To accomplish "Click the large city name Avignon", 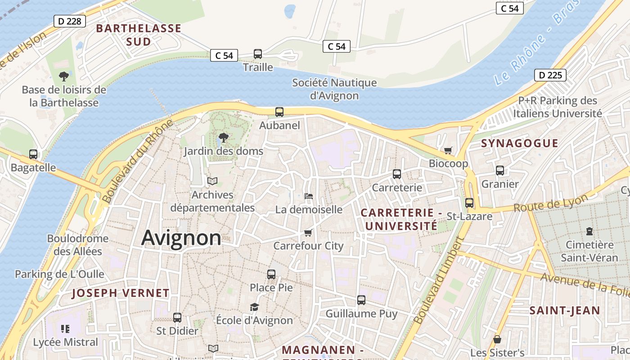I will coord(181,238).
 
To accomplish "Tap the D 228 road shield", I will coord(70,21).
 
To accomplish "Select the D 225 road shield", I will coord(550,75).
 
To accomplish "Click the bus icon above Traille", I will coord(258,54).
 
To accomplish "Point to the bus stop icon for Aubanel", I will coord(279,112).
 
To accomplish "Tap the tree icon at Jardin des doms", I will coord(223,138).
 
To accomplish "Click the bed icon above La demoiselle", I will coord(309,196).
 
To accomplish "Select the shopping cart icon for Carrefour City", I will coord(308,233).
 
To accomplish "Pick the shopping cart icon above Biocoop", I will coord(448,150).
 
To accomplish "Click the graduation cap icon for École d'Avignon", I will coord(255,307).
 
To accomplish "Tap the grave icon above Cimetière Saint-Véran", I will coord(589,232).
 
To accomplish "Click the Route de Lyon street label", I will coord(551,204).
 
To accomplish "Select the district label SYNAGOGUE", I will coord(520,144).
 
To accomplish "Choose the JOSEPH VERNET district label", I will coord(121,293).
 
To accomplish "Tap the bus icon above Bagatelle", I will coord(33,154).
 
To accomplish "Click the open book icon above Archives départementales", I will coord(212,181).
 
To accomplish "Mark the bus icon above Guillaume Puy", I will coord(361,300).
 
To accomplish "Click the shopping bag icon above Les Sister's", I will coord(497,339).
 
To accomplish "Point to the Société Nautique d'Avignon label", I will coord(334,89).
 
